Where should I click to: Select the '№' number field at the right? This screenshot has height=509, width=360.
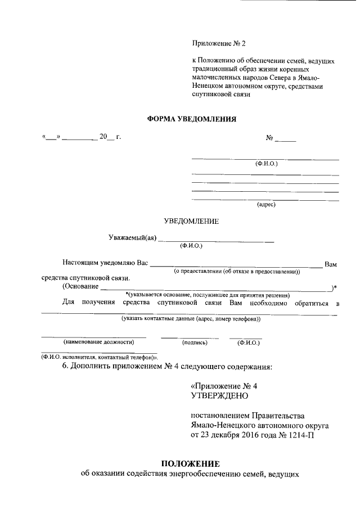pos(280,138)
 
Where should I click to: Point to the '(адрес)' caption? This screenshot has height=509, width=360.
pos(266,205)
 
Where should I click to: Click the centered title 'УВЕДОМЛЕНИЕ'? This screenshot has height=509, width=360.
pos(191,221)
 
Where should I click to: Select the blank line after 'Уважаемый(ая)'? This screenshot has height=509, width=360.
pos(217,241)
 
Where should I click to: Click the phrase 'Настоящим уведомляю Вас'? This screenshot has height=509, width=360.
pos(105,263)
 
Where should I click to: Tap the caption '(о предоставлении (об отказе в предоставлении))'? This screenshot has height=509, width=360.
pos(236,272)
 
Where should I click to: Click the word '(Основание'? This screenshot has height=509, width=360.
pos(80,287)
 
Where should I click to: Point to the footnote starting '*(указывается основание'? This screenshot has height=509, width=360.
pos(207,295)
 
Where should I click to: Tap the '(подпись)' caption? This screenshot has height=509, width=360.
pos(195,342)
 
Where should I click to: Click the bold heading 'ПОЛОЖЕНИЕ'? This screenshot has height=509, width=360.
pos(190,464)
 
